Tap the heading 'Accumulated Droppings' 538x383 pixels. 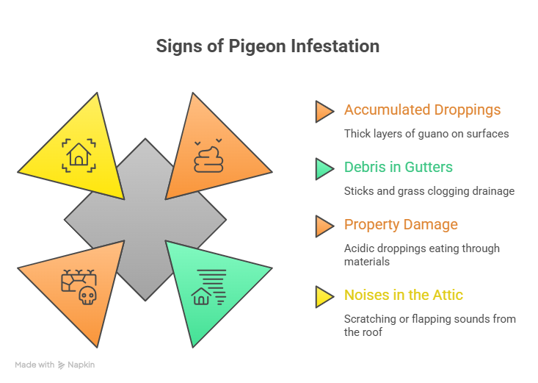coord(422,110)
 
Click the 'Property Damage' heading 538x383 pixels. coord(401,224)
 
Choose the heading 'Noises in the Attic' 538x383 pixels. coord(404,295)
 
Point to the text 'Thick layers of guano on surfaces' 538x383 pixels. coord(426,134)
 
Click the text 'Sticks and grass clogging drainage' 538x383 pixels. coord(429,191)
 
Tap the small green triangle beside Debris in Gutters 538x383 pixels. coord(324,168)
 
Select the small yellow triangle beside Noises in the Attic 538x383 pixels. coord(324,296)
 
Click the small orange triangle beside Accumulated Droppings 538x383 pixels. coord(324,111)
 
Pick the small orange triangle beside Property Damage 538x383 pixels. coord(324,226)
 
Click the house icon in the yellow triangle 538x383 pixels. coord(78,154)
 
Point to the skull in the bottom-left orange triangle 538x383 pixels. coord(87,296)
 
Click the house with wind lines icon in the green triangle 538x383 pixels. coord(208,287)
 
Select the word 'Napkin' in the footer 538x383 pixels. coord(81,365)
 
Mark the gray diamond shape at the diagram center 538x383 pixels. coord(145,220)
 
